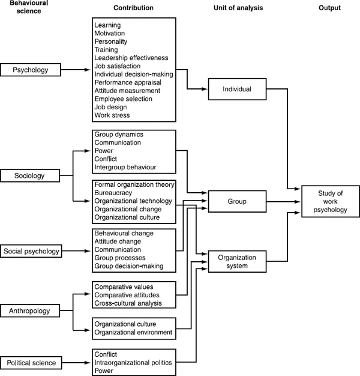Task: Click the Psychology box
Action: (31, 71)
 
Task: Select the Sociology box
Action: (30, 176)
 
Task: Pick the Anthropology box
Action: (30, 311)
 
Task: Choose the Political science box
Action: (31, 363)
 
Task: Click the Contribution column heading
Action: (133, 8)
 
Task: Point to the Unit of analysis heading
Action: (238, 8)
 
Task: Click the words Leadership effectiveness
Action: (131, 58)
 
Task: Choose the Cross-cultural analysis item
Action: (127, 303)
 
